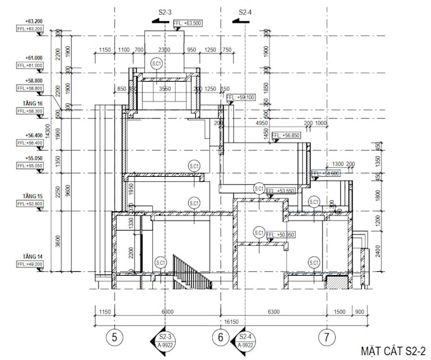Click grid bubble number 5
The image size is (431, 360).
pos(114,337)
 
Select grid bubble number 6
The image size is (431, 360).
pos(221,337)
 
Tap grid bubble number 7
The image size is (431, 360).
pos(326,337)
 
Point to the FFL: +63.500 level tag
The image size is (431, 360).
pos(187,23)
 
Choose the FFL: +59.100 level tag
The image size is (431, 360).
pos(241,98)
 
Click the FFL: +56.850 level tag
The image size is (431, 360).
pos(285,136)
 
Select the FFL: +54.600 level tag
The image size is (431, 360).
pos(326,173)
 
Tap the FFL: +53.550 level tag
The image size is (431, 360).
pos(281,190)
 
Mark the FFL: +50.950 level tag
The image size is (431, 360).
pos(281,235)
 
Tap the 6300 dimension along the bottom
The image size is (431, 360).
pos(274,312)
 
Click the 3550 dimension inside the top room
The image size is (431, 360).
pos(165,89)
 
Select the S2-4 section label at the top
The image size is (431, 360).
pos(245,11)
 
